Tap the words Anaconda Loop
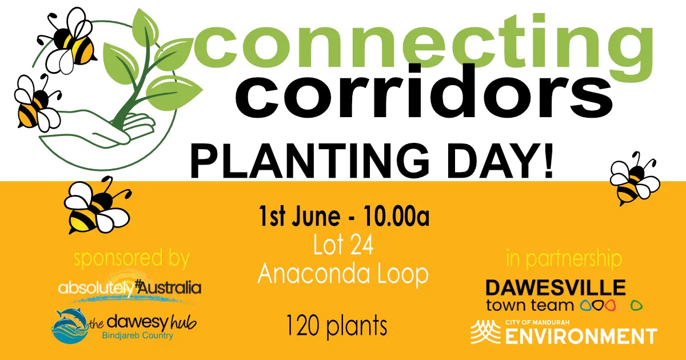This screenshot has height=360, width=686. point(343,275)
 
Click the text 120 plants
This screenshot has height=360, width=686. point(337,326)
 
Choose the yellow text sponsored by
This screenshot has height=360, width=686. point(131,259)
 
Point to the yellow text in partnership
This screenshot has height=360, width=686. point(564,259)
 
